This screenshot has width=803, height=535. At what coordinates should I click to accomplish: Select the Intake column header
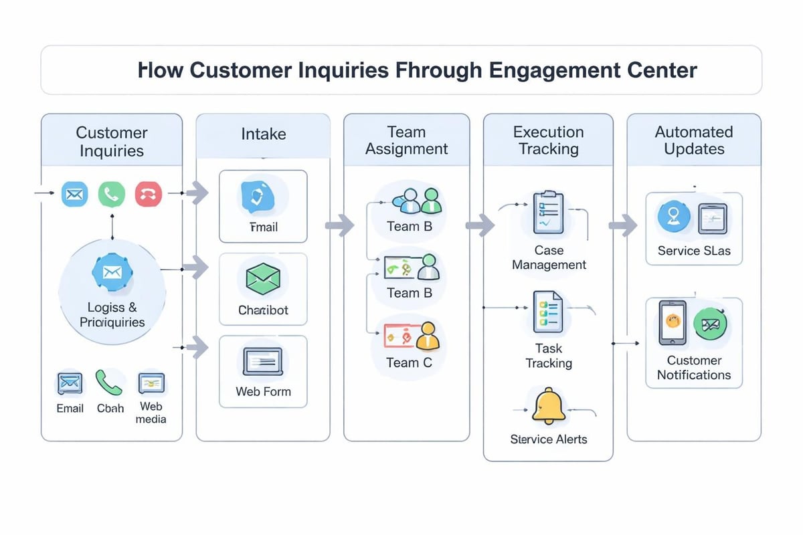pos(263,134)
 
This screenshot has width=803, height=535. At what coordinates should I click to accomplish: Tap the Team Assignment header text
pos(406,140)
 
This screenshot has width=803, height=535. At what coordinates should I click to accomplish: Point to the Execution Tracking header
pos(548,140)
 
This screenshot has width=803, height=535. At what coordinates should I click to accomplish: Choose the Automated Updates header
pos(694,140)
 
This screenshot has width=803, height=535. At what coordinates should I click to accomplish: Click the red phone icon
pos(148,194)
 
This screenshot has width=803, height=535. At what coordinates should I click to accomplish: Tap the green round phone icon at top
pos(111,194)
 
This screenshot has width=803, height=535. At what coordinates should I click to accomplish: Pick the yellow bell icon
pos(549,405)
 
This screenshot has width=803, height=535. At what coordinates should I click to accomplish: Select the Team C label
pos(410,363)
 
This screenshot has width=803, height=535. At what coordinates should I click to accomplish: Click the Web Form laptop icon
pos(263,362)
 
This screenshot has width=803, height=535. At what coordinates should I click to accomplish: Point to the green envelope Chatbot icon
pos(263,278)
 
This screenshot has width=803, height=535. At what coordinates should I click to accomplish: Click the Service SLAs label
pos(694,251)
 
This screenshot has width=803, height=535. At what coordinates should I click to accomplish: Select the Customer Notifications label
pos(694,368)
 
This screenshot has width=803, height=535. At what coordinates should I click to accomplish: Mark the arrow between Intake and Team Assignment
pos(340,225)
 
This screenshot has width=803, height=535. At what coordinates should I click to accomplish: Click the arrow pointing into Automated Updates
pos(623,225)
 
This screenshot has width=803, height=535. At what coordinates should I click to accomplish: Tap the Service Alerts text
pos(549,439)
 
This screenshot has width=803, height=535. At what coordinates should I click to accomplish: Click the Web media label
pos(151,413)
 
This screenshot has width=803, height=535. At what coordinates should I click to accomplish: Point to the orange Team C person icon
pos(428,336)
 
